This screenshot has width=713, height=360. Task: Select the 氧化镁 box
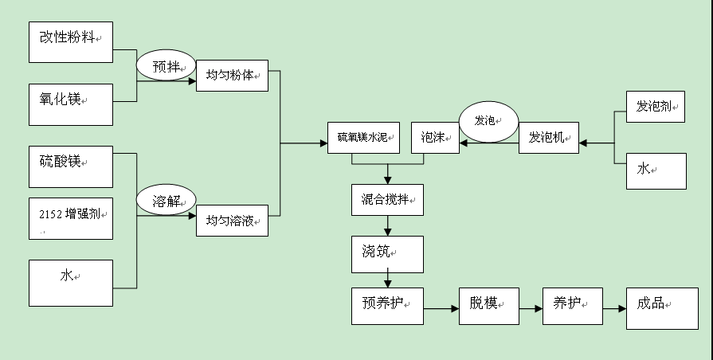(71, 104)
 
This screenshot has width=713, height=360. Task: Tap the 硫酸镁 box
(71, 166)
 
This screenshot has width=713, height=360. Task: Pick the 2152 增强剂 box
(71, 218)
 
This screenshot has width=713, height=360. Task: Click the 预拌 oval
(166, 66)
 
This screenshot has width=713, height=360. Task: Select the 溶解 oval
(166, 200)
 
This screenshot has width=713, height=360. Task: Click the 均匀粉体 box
(232, 76)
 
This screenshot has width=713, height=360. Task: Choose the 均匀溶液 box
(232, 220)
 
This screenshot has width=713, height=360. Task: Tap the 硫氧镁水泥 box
(362, 137)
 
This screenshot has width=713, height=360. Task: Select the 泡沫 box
(434, 137)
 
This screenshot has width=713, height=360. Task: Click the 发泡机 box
(549, 137)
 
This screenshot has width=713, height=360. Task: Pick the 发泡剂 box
(656, 107)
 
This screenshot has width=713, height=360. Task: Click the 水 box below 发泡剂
(656, 170)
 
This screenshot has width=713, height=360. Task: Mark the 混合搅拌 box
(387, 199)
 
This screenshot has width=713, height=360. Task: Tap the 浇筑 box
(387, 253)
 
